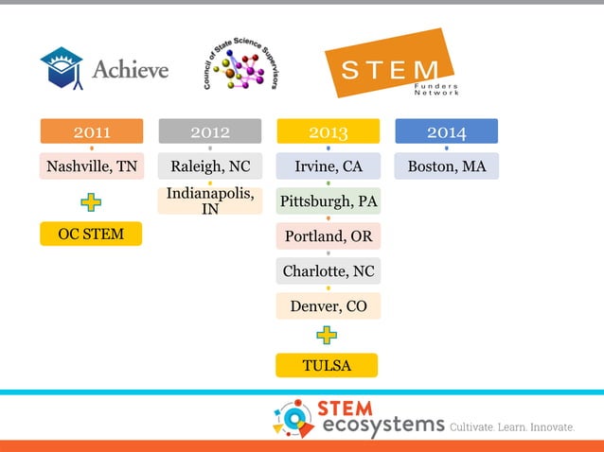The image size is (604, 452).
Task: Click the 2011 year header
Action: point(91,131)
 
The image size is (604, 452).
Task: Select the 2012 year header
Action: point(209,131)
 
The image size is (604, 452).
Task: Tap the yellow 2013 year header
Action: point(328,131)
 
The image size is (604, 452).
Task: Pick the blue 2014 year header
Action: point(446,131)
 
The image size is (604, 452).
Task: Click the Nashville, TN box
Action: point(91,166)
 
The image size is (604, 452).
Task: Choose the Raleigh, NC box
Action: point(209,166)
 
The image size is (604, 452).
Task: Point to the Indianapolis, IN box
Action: point(209,200)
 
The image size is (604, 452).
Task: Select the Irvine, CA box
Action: point(328,166)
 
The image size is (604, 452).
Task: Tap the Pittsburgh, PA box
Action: point(328,201)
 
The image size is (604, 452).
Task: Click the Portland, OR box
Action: point(328,236)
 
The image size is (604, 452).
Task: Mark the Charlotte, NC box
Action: point(328,271)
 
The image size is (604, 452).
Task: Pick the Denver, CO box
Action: point(328,305)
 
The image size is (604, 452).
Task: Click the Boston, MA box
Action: point(446,166)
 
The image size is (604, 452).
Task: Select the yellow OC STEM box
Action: point(91,234)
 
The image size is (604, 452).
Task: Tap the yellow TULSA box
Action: point(327,365)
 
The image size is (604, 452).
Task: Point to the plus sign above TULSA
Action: point(327,335)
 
